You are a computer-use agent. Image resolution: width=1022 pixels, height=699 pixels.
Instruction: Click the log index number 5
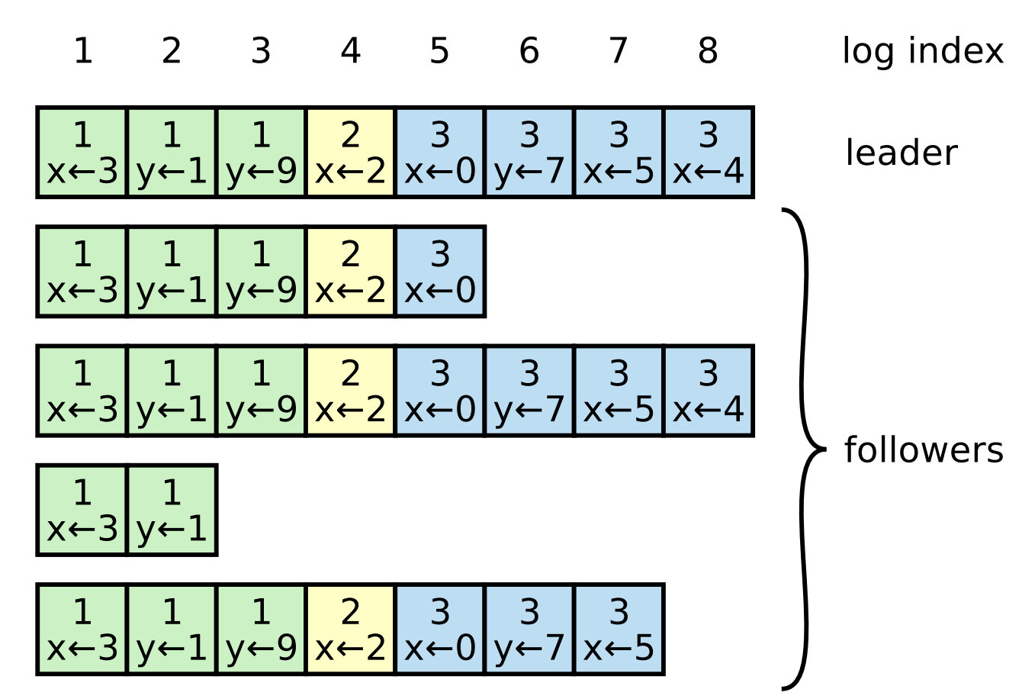point(439,51)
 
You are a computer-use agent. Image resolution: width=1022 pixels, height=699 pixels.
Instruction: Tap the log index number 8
point(708,51)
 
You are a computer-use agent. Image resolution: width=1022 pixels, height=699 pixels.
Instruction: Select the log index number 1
point(82,51)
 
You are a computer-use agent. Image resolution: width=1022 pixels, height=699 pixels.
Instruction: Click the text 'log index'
point(922,51)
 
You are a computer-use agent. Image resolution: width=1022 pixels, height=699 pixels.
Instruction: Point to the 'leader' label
point(900,153)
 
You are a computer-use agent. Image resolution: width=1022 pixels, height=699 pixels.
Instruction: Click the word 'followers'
point(923,450)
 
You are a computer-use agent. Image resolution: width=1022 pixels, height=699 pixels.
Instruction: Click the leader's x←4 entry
point(708,153)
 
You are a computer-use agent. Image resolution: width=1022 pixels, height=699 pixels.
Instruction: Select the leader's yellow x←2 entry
point(350,153)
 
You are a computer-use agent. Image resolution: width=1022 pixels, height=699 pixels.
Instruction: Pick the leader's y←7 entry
point(529,153)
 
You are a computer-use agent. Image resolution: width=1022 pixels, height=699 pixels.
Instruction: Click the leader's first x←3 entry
point(82,153)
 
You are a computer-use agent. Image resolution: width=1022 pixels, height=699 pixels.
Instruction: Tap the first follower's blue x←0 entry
point(440,272)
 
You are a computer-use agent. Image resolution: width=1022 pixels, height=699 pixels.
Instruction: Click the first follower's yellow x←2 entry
point(350,272)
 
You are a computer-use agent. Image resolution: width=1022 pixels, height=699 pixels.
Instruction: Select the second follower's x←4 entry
point(708,391)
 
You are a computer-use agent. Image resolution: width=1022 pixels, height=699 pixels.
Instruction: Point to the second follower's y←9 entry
point(261,391)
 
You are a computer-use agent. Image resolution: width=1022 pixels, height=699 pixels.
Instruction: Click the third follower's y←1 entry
point(172,510)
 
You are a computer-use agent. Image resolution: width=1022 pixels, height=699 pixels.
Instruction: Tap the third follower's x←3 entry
point(82,510)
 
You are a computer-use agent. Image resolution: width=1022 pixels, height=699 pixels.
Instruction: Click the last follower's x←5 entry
point(619,630)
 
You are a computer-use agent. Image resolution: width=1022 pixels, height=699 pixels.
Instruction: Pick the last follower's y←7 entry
point(529,630)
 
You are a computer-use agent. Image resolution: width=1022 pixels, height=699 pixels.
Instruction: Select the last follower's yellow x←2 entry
point(350,630)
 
